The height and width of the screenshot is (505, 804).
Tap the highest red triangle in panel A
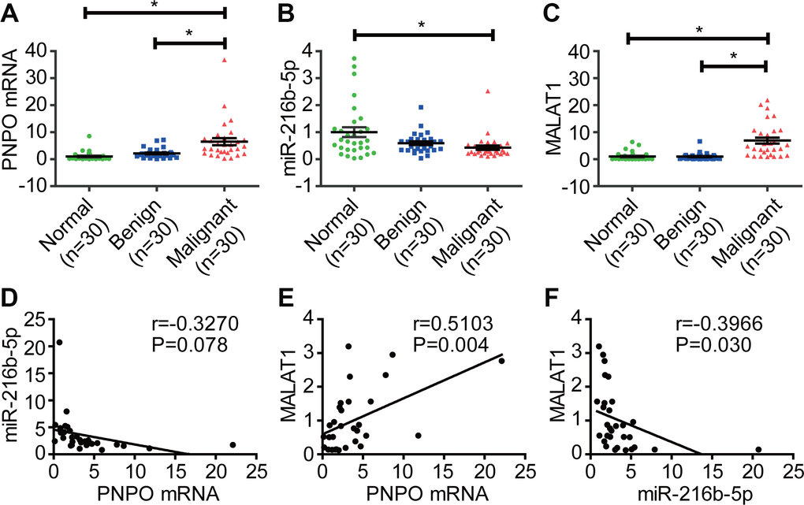(225, 60)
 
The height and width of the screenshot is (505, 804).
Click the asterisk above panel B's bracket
(424, 25)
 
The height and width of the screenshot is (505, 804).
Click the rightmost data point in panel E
(501, 360)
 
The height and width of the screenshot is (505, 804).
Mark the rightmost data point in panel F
(758, 450)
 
